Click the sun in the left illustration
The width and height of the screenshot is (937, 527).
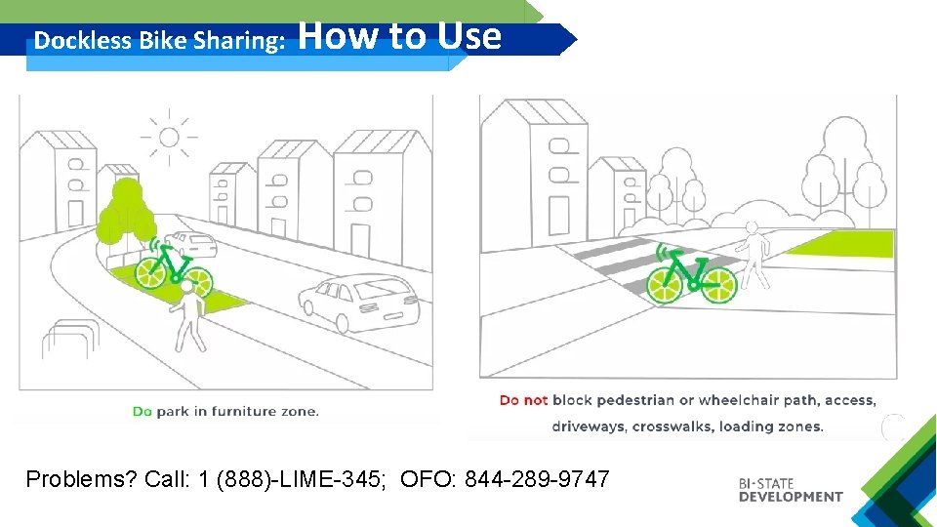[169, 137]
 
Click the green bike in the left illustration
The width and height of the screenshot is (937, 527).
[174, 267]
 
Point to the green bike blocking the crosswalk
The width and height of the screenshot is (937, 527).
[692, 274]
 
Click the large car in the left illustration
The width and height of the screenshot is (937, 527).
[359, 301]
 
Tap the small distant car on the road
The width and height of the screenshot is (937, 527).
[190, 244]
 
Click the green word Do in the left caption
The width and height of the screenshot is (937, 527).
[143, 411]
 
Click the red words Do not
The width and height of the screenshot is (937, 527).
[523, 400]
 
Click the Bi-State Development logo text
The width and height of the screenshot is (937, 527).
[790, 490]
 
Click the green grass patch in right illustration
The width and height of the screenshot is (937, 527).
[840, 242]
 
